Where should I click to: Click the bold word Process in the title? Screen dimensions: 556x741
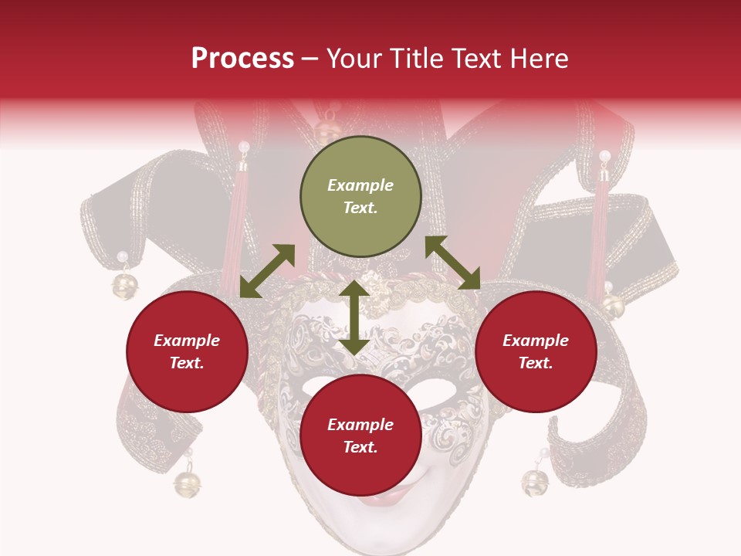[x=242, y=59]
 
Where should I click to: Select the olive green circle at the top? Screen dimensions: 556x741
[x=360, y=197]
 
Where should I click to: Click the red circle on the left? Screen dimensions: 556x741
[x=187, y=351]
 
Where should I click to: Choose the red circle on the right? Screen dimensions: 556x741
[x=536, y=351]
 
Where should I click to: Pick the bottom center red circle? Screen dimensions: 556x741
[x=360, y=436]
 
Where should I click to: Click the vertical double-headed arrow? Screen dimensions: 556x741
[x=354, y=318]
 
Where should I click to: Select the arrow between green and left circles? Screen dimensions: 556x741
[x=267, y=271]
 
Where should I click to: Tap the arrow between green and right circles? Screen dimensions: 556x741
[x=452, y=263]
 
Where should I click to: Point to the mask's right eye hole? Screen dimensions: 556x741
[x=437, y=390]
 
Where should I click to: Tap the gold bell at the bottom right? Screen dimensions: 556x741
[x=533, y=483]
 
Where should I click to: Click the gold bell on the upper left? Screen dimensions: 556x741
[x=123, y=284]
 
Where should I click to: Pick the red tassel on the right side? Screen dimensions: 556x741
[x=599, y=232]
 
